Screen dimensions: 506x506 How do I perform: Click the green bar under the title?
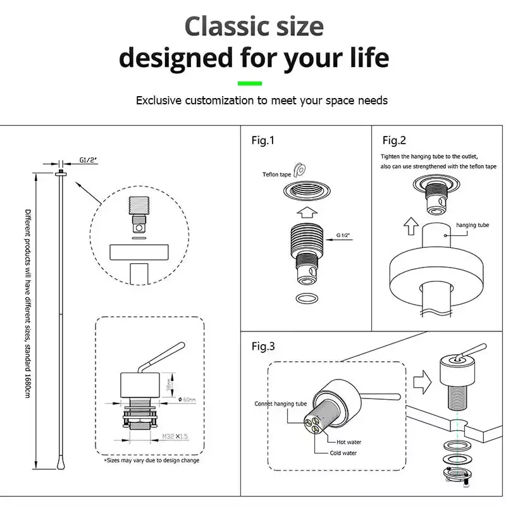pos(249,83)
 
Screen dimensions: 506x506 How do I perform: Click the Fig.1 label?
pos(263,140)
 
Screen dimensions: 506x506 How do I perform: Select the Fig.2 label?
pos(394,140)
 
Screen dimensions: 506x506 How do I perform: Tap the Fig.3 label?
pos(263,346)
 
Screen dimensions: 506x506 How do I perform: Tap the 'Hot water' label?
pos(350,443)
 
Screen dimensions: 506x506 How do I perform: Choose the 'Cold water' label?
pos(343,454)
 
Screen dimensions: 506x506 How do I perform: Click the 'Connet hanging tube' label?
pos(280,404)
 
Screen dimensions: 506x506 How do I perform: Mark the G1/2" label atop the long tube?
pos(89,159)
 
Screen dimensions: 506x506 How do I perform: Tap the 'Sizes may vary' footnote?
pos(151,460)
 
